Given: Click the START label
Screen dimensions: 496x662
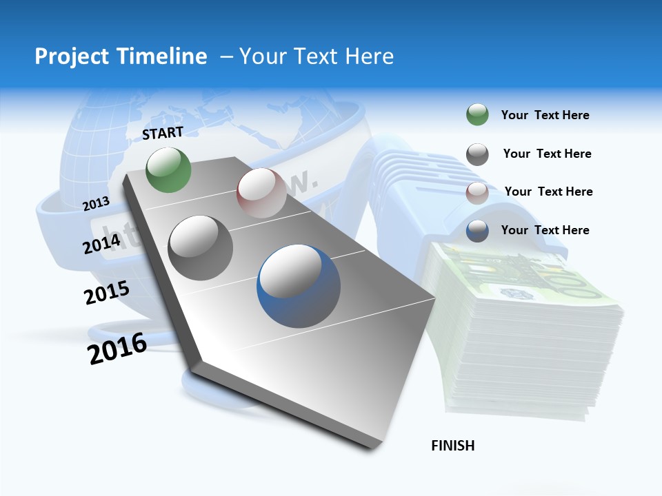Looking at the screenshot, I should point(163,133).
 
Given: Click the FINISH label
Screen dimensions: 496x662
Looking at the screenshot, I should point(453,446).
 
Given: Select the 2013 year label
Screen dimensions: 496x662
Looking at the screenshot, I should point(96,203).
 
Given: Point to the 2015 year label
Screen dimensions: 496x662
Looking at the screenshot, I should point(107,293).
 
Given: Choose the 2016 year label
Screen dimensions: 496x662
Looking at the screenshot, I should point(118,349).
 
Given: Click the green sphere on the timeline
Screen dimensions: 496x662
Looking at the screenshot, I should point(169,170).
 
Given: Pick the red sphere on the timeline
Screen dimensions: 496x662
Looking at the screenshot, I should point(261,193).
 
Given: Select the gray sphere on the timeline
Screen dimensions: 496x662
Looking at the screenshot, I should point(201,248).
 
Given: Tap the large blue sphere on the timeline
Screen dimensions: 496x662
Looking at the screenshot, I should point(299,285).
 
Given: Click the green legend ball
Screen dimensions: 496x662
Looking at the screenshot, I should point(477,115).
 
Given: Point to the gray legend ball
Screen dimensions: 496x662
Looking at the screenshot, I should point(477,154).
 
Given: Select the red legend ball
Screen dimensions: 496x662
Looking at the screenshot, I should point(477,193).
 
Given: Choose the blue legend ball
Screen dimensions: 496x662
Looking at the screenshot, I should point(477,231).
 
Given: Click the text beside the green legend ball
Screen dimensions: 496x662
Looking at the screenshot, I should point(545,115).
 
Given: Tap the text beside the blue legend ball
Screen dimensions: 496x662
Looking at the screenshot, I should point(545,230).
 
